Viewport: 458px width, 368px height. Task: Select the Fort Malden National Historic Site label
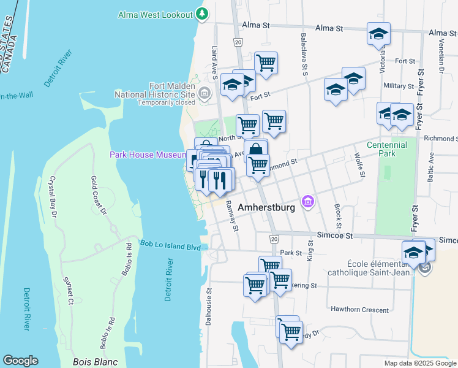[x=155, y=90]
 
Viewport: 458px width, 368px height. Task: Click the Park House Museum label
[x=148, y=155]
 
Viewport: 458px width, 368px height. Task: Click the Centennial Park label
[x=386, y=149]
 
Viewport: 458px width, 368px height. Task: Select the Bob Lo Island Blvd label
[x=171, y=247]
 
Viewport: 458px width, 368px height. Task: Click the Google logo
[x=20, y=361]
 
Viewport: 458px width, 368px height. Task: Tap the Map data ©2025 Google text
[x=419, y=363]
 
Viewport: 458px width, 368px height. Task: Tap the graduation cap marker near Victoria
[x=378, y=34]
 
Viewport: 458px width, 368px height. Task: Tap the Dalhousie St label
[x=209, y=307]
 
